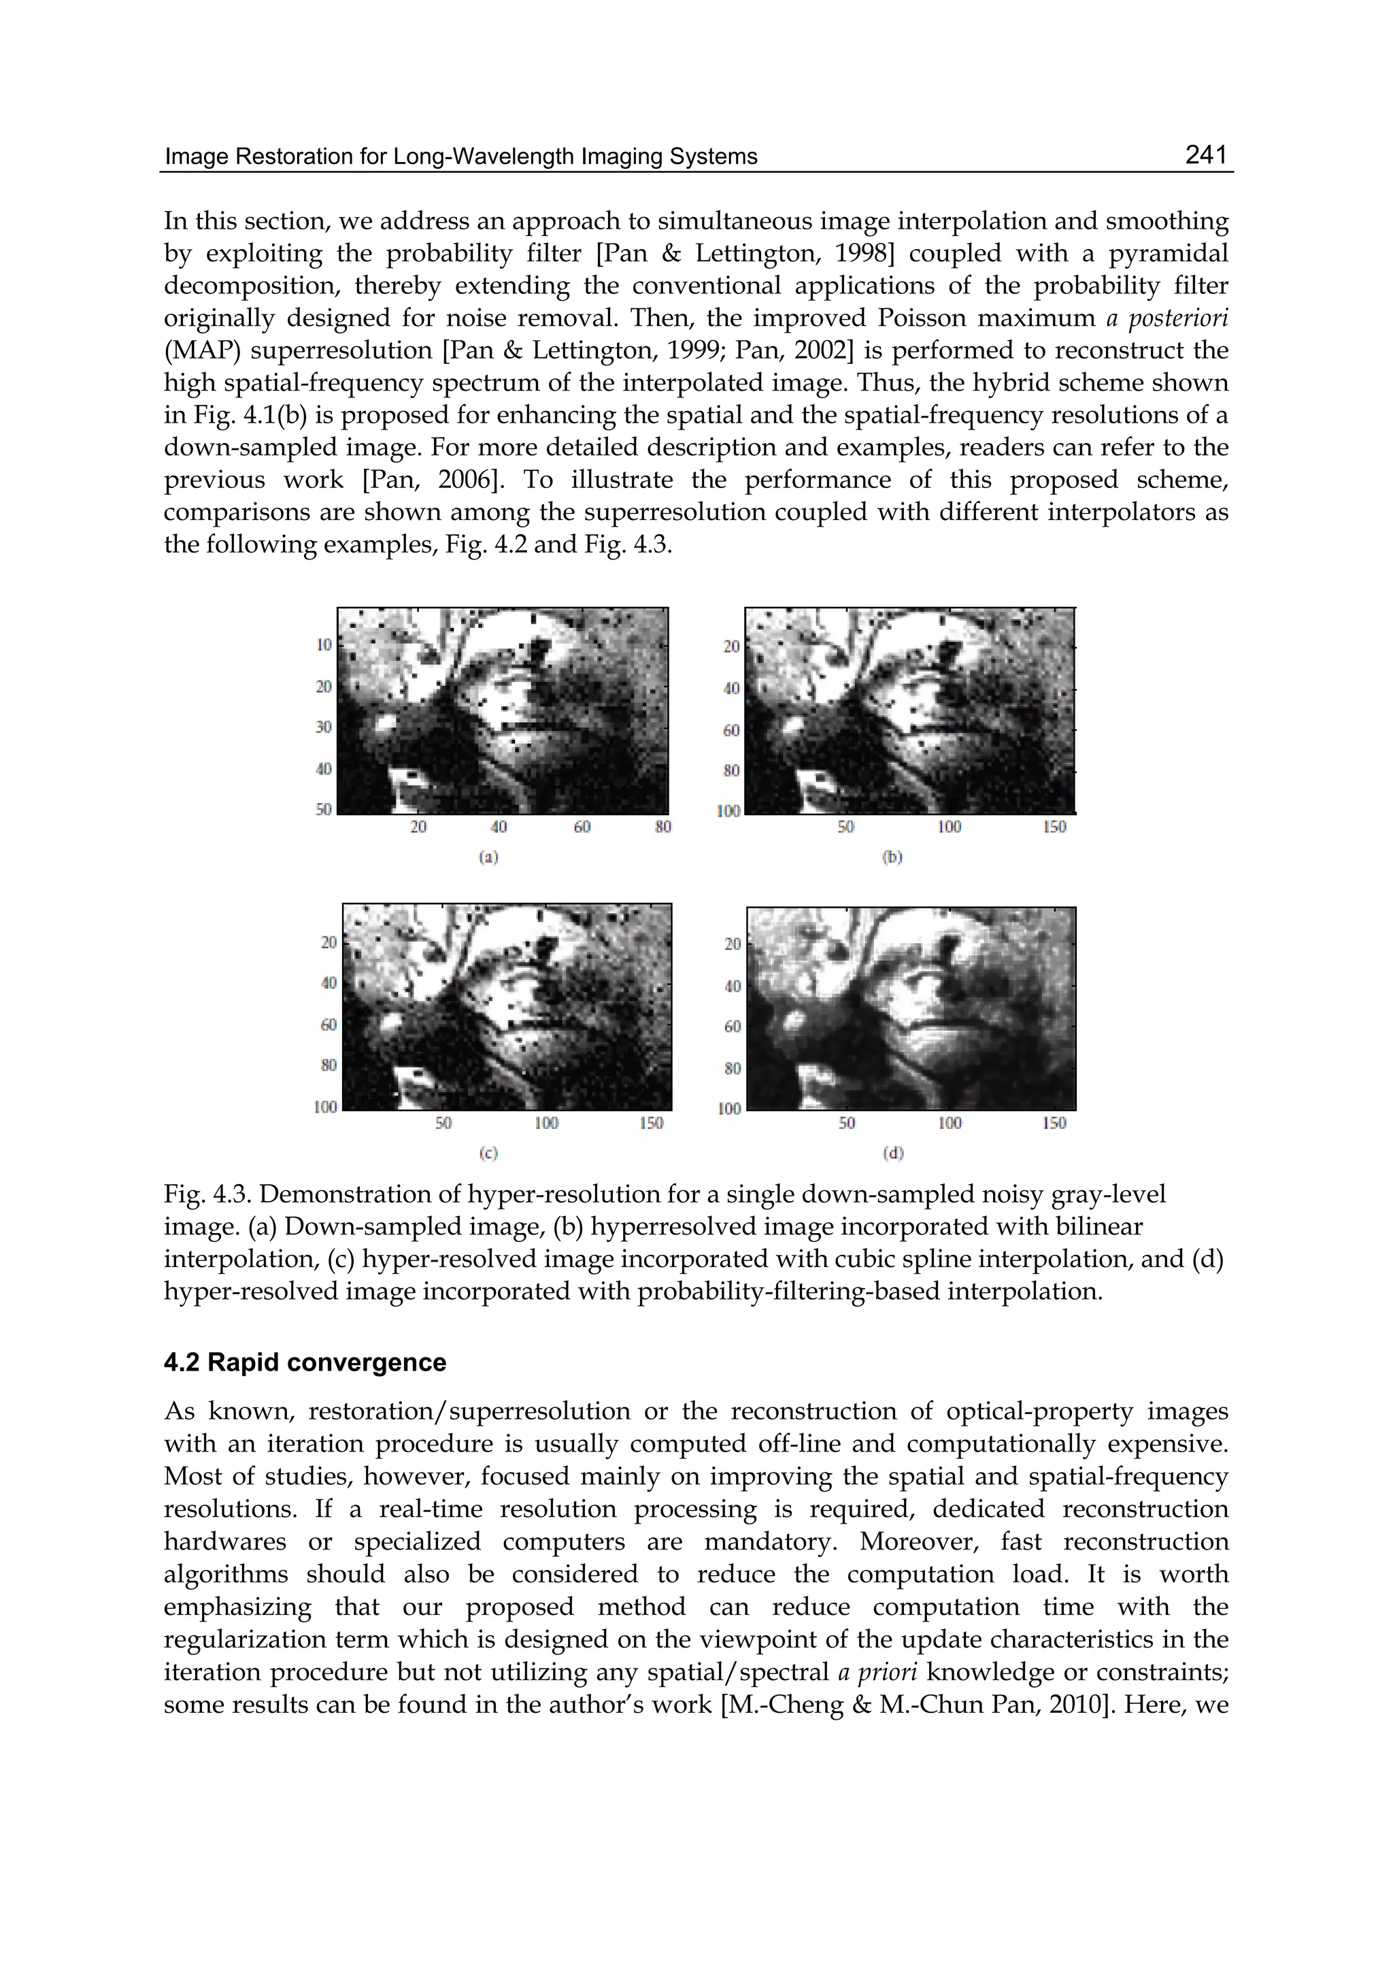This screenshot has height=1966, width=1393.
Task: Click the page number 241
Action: pos(1205,155)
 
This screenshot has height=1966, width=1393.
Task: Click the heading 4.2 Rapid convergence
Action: pos(305,1363)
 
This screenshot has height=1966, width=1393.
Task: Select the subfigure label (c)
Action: pos(488,1153)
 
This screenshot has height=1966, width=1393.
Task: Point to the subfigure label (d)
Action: pos(893,1153)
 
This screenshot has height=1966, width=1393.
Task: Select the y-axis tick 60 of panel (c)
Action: pos(329,1025)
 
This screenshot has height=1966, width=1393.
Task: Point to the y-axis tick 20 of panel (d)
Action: pos(733,944)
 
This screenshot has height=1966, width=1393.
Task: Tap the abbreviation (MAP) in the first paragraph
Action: pos(197,351)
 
